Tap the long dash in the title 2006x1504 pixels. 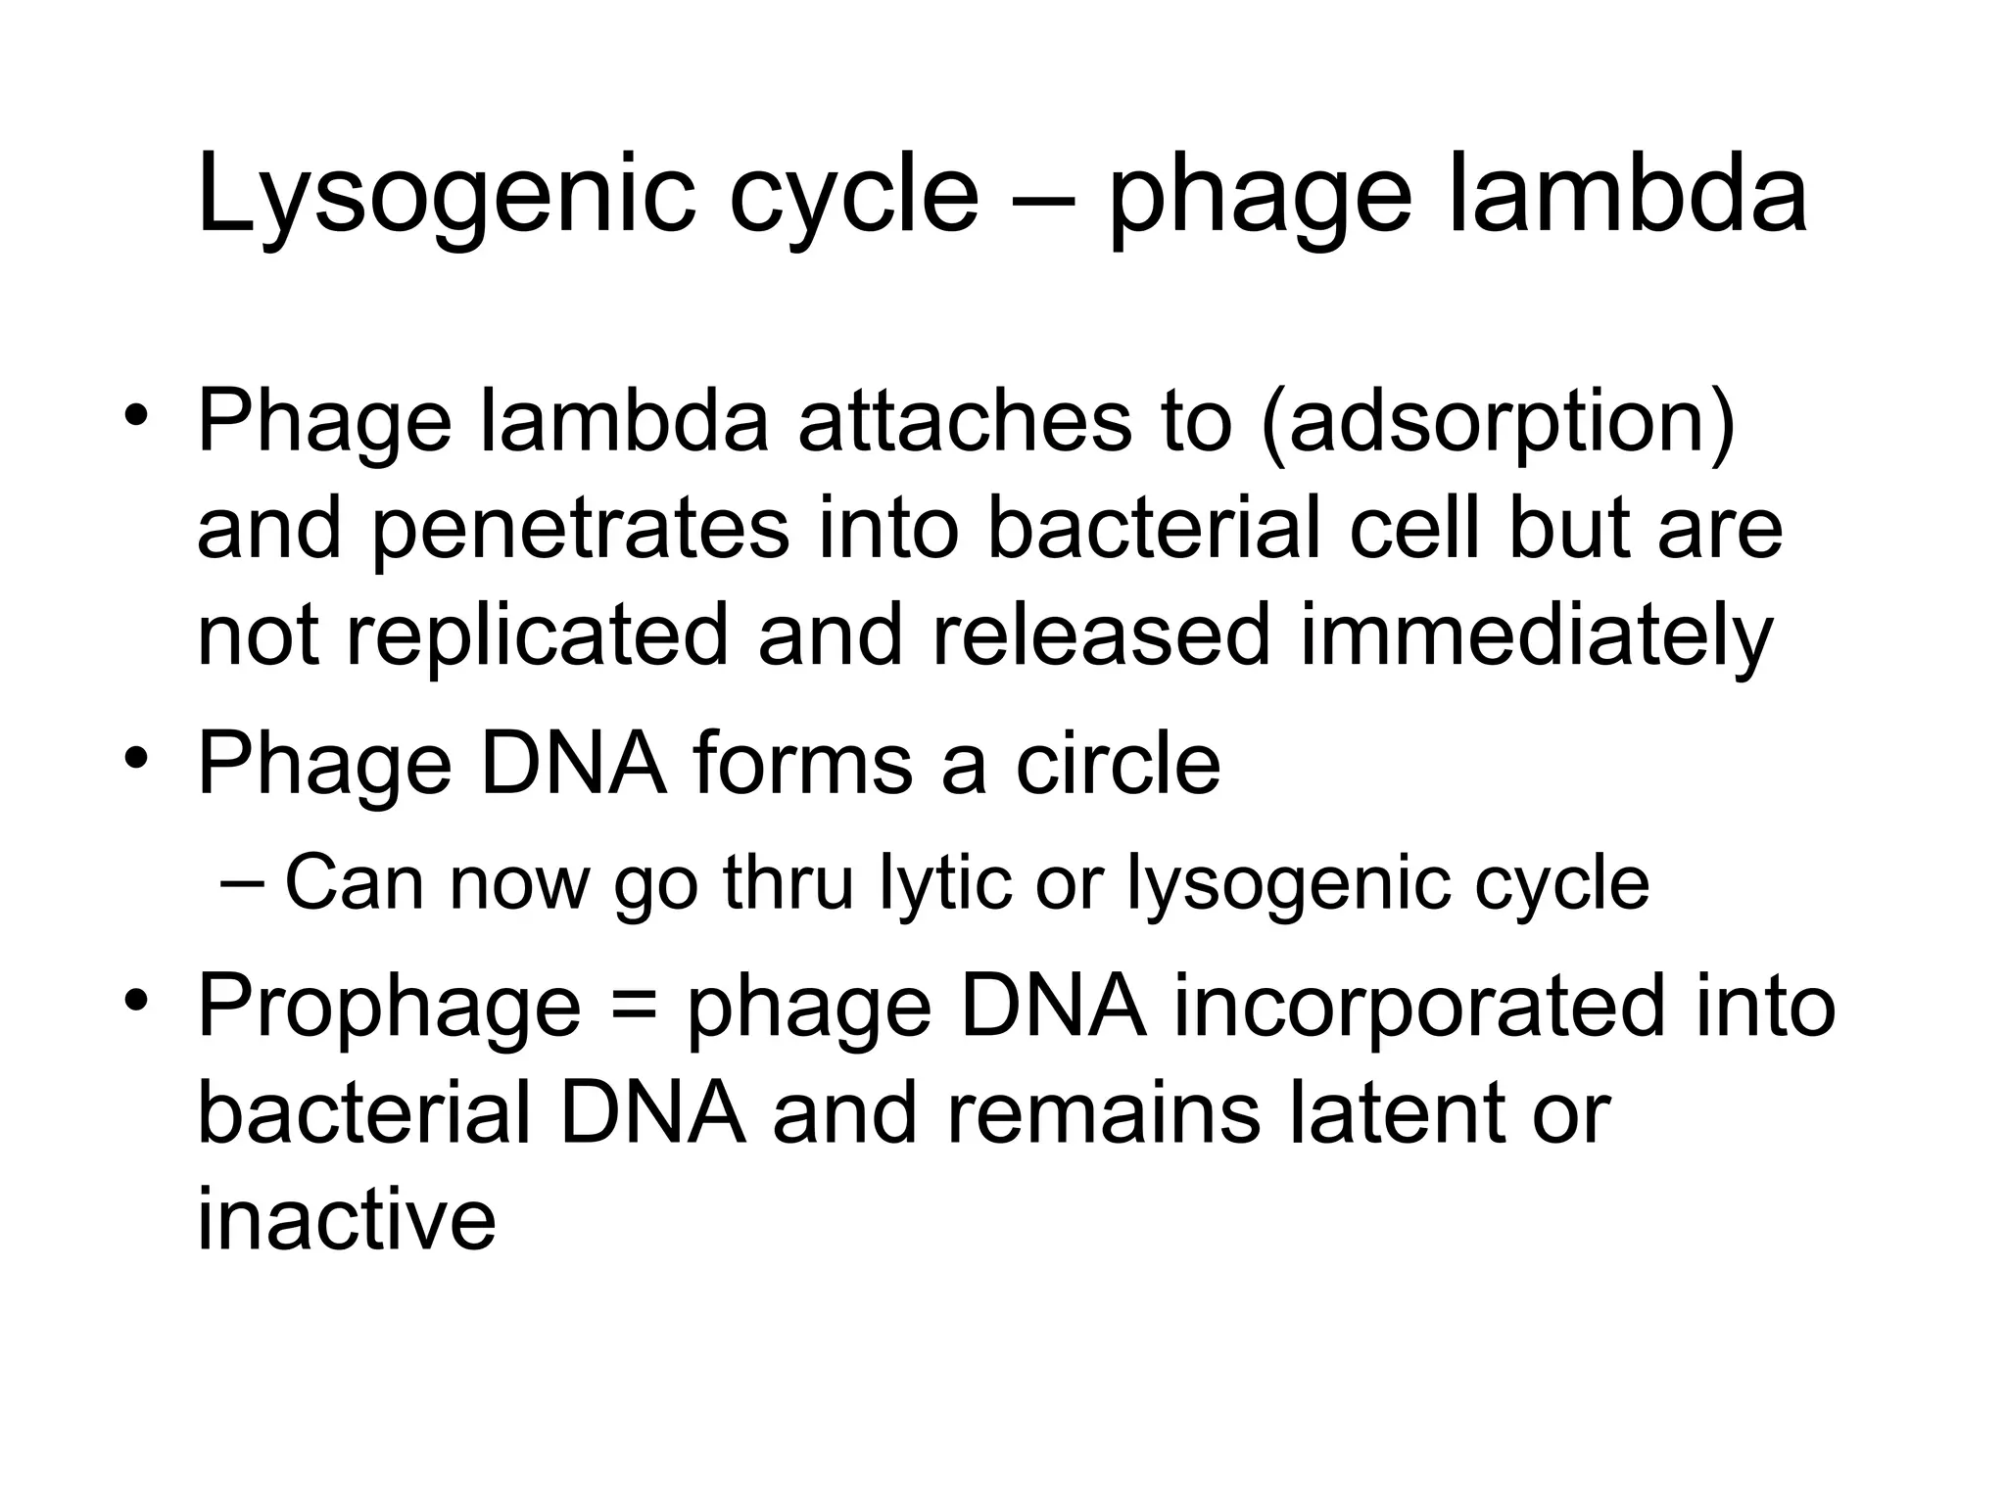click(x=1041, y=201)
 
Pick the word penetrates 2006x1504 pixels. click(x=580, y=530)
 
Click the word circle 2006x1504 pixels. click(x=1118, y=764)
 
